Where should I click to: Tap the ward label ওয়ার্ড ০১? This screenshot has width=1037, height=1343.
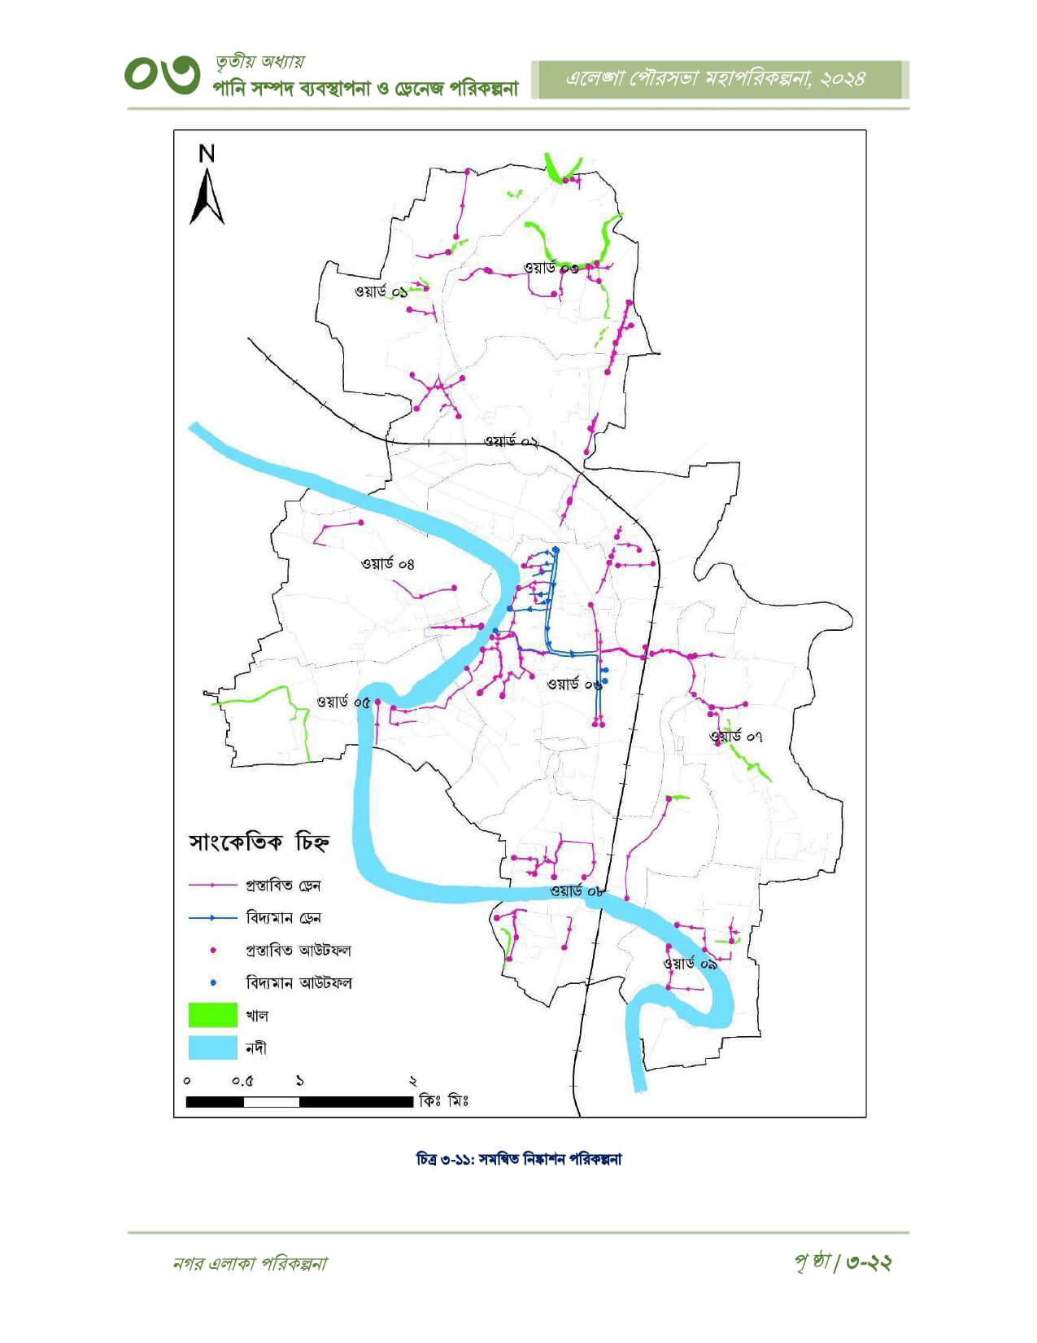click(x=381, y=291)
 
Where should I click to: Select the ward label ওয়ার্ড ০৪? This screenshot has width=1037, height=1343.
click(x=388, y=563)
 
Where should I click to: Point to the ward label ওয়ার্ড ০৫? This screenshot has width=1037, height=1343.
click(x=343, y=702)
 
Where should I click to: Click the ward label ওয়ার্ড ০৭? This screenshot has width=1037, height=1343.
click(x=735, y=737)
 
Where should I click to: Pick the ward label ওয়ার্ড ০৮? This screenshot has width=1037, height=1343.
click(x=576, y=891)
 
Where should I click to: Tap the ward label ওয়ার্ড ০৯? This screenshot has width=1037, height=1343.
click(x=690, y=963)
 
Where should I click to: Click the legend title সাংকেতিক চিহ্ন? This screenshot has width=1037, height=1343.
click(x=259, y=842)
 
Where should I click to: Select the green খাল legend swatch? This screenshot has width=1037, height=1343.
click(x=212, y=1015)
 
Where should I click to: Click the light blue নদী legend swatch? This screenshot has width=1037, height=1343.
click(x=212, y=1048)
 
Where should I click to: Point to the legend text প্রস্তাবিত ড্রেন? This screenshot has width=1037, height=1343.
click(x=283, y=885)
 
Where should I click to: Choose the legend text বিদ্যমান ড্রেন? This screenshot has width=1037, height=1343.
click(x=283, y=917)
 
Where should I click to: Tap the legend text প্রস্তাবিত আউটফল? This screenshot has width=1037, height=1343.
click(x=298, y=950)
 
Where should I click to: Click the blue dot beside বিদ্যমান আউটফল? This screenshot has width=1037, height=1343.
click(x=213, y=982)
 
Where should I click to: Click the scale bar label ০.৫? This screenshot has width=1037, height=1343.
click(x=242, y=1082)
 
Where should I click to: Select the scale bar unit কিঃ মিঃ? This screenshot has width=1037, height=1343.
click(x=443, y=1101)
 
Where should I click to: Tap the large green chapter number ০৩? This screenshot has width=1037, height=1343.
click(x=162, y=76)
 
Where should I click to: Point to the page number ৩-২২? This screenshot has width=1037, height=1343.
click(x=868, y=1262)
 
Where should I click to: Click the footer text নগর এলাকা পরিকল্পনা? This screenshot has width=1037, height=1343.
click(x=251, y=1263)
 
